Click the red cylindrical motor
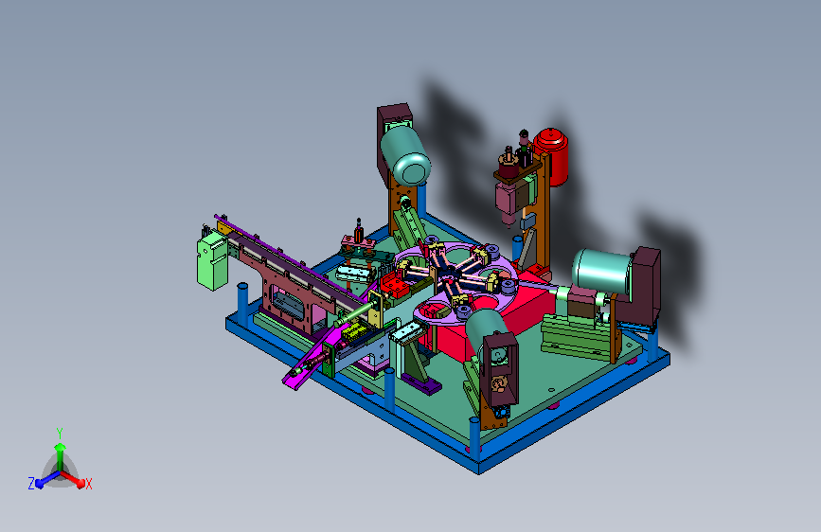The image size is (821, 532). point(552,155)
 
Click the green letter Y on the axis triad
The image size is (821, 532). point(60,434)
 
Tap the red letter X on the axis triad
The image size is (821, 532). point(88,484)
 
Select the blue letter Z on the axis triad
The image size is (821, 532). point(31,484)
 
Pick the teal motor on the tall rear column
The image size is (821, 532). point(405,155)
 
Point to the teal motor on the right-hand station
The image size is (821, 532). point(602,271)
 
